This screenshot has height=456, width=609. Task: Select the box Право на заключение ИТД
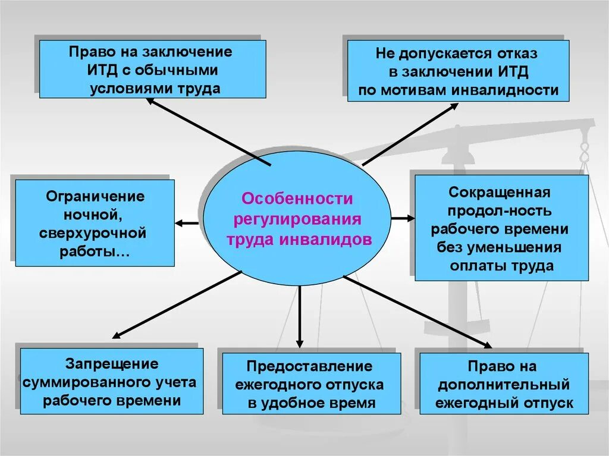point(152,69)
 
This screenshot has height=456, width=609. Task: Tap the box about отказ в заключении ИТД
point(458,71)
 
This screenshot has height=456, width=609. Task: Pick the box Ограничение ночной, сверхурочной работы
point(95,222)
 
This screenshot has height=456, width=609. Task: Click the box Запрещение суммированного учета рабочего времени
point(112,381)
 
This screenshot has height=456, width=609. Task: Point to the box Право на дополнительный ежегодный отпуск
point(504,383)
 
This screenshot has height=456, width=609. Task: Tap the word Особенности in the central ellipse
point(297,198)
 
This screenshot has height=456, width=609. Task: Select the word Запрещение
point(112,363)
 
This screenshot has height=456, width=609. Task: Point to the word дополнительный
point(504,385)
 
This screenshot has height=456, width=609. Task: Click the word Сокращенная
point(500,193)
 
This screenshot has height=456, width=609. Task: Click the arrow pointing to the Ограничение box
point(187,224)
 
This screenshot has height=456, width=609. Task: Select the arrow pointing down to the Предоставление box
point(299,315)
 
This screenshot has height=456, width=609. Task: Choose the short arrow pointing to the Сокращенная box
point(403,218)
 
